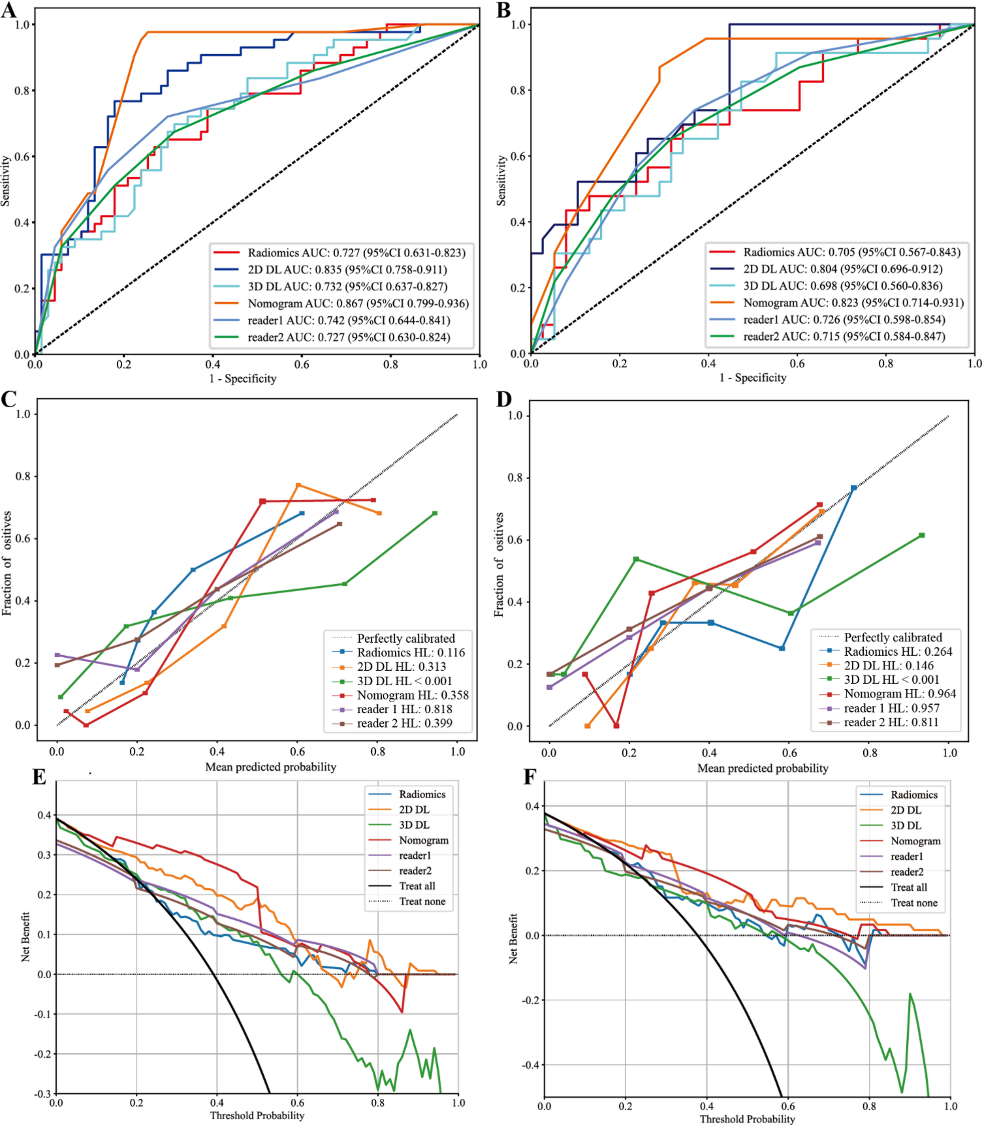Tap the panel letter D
(504, 399)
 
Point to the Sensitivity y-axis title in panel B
(501, 180)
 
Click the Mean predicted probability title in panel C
(271, 767)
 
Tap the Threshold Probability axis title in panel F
(747, 1118)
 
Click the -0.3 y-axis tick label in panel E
(42, 1093)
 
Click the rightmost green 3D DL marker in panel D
(921, 535)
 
